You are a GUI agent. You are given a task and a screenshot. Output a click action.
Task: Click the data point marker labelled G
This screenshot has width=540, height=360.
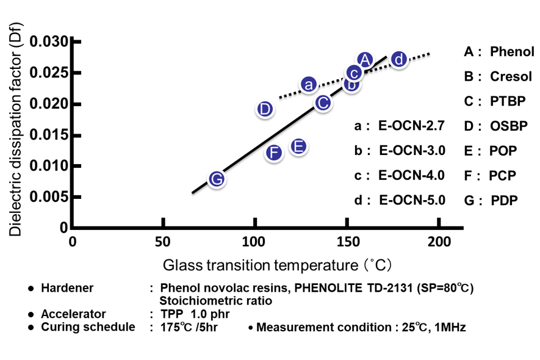(x=217, y=179)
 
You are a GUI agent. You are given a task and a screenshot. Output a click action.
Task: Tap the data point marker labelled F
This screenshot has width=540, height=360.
(x=274, y=153)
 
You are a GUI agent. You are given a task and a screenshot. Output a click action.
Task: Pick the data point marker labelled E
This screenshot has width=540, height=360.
(x=298, y=146)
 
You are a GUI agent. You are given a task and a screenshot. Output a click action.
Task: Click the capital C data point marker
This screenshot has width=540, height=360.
(x=323, y=103)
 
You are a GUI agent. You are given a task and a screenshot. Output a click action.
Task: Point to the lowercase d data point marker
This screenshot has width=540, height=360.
(x=398, y=59)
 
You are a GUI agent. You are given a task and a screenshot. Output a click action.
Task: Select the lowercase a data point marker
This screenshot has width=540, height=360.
(x=309, y=85)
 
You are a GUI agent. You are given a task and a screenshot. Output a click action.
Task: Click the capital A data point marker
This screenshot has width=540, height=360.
(x=364, y=60)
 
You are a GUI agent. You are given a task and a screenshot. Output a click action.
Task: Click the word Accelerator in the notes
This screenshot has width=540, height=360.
(x=73, y=314)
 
